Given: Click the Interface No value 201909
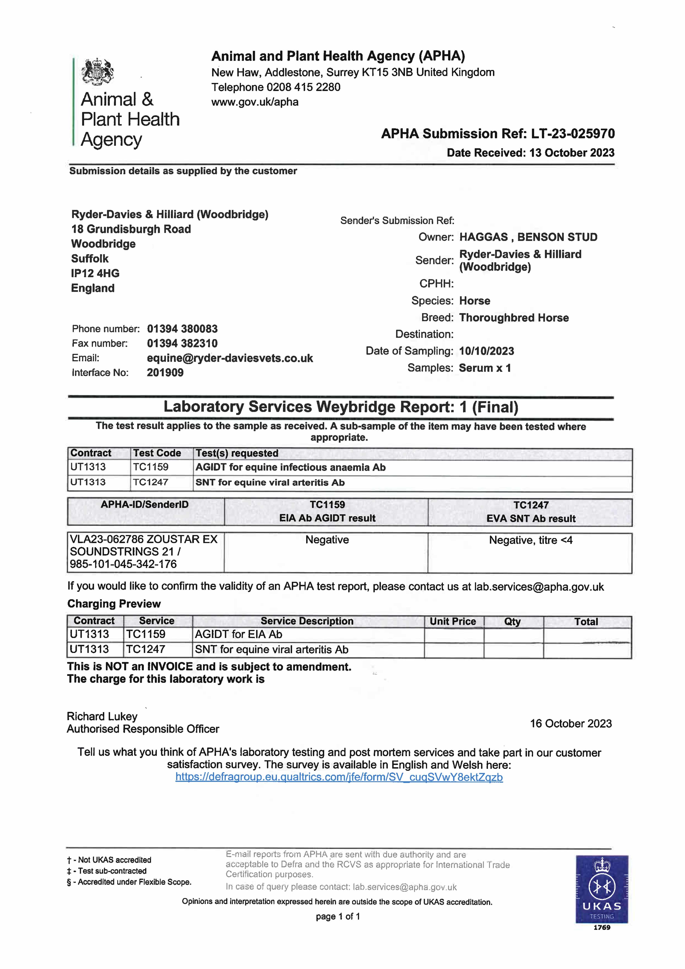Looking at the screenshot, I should click(x=165, y=373).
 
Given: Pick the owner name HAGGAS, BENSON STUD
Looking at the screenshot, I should click(x=528, y=237).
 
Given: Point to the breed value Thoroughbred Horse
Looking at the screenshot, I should click(x=514, y=318).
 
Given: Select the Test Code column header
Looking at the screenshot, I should click(x=157, y=453).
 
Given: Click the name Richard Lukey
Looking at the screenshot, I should click(x=102, y=717).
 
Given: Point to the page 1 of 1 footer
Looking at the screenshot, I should click(x=338, y=916).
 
